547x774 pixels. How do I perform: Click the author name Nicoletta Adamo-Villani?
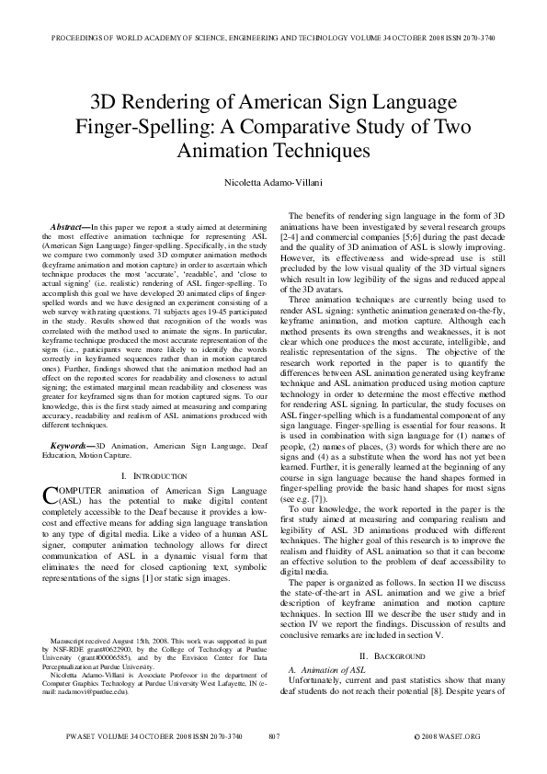tap(273, 184)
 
